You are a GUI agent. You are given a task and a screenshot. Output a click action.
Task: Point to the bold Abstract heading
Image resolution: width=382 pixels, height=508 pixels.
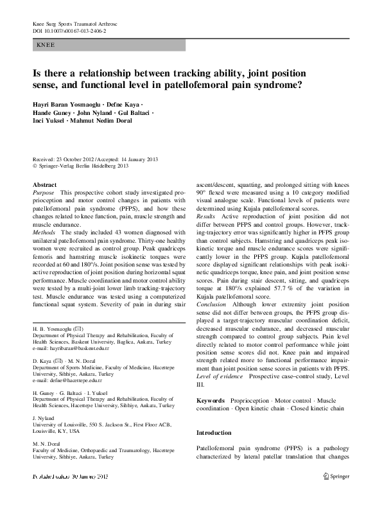[x=44, y=184]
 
